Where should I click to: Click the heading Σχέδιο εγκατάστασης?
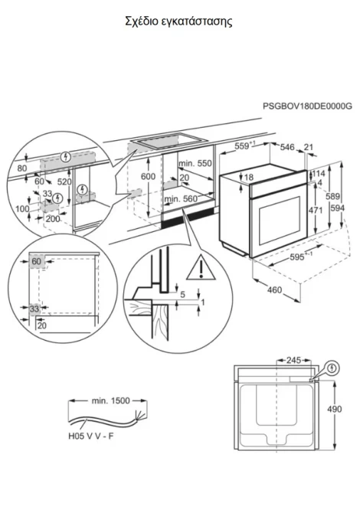coord(178,21)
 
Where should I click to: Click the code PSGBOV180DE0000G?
coord(308,106)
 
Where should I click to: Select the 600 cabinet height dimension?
coord(149,176)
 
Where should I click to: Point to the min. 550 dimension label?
coord(195,163)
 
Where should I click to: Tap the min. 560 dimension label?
coord(181,198)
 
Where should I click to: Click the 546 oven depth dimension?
coord(287,147)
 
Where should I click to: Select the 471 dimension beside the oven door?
coord(316,210)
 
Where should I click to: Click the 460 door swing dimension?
coord(274,289)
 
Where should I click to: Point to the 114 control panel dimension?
coord(318,174)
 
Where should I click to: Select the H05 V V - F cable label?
coord(91,436)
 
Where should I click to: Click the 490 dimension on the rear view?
coord(334,409)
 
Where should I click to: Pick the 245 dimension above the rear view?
coord(293,360)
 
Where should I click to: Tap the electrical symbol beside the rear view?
coord(332,369)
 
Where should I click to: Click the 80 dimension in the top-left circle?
coord(22,168)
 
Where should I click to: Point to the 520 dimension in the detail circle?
coord(64,181)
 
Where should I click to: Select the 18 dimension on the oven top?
coord(249,178)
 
